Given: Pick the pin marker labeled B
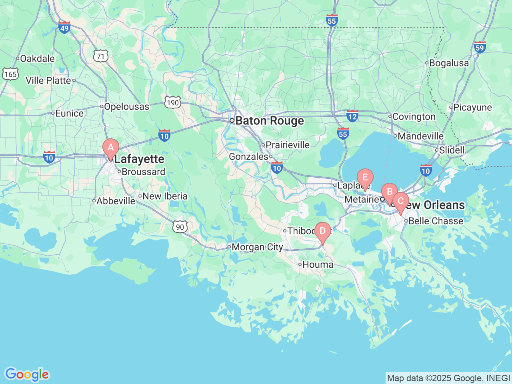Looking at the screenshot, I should (389, 192).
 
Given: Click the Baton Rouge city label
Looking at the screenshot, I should (269, 121).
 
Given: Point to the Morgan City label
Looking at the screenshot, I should (257, 247).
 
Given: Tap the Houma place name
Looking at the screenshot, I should (318, 264).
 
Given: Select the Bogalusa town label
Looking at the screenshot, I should (449, 63).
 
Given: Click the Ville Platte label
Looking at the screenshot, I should (48, 80).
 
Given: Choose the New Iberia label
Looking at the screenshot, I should (165, 196).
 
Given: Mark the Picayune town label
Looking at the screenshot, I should (472, 107).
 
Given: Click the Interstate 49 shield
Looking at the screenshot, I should (64, 27).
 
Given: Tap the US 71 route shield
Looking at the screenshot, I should (101, 56).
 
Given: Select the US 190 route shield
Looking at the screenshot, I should (173, 103).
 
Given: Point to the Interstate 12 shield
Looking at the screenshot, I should (352, 116).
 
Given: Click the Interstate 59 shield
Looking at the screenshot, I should (480, 47).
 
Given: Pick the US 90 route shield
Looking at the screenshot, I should (180, 227).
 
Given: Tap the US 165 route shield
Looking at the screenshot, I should (10, 74).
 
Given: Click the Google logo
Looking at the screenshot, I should (27, 374).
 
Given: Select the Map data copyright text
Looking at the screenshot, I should (448, 378).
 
